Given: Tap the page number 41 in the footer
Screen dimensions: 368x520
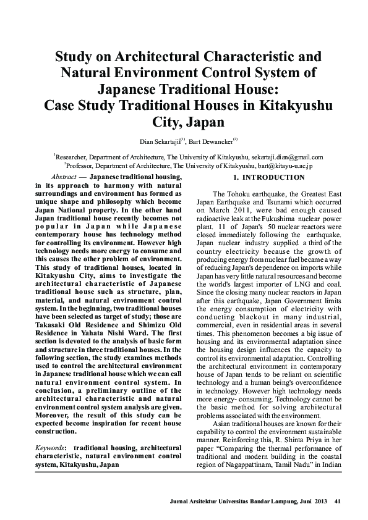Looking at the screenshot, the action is coord(336,500).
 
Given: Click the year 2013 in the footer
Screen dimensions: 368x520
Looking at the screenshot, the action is coord(320,500).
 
